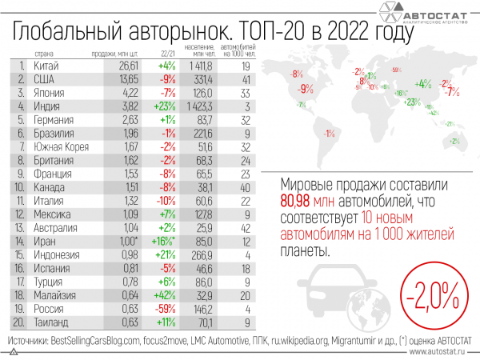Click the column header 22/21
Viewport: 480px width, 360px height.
[166, 54]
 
